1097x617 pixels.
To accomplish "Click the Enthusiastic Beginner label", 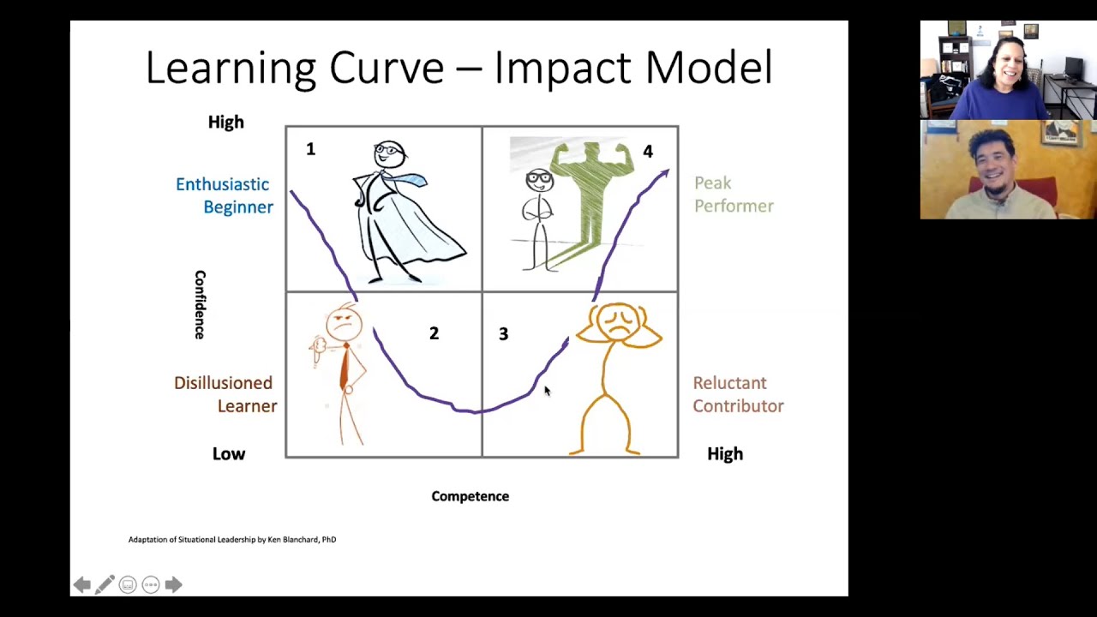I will coord(224,195).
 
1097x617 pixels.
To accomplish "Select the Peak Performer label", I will coord(734,195).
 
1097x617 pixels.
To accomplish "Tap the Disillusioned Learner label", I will coord(225,394).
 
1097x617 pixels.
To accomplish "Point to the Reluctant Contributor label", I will coord(738,394).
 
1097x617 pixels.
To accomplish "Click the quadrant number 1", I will coord(310,150).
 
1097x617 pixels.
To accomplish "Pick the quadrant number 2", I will coord(434,333).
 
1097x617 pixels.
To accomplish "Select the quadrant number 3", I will coord(503,334).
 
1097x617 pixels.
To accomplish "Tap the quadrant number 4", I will coord(648,152).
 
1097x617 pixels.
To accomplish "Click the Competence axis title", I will coord(470,496).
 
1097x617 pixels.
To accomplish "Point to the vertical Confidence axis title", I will coord(200,305).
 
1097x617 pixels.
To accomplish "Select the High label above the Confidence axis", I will coord(226,123).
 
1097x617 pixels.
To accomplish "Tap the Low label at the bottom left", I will coord(229,454).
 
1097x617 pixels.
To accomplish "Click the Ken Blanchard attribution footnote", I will coord(232,540).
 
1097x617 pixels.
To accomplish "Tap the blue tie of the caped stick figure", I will coord(411,180).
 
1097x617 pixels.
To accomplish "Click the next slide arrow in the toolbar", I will coord(173,584).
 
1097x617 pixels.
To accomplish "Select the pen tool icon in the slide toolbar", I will coord(105,584).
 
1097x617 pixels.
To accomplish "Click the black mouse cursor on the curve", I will coord(547,391).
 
